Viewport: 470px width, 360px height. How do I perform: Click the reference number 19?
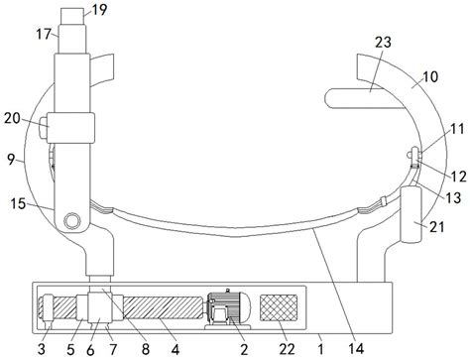99,10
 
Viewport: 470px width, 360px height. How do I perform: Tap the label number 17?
44,34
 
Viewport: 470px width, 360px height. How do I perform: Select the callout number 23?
383,42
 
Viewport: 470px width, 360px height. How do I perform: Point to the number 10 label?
430,76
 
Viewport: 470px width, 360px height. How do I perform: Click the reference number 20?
13,118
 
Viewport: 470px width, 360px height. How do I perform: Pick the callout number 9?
11,160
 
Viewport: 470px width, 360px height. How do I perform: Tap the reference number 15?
18,203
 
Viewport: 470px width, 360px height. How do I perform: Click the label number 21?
437,227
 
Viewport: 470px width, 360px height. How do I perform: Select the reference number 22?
287,349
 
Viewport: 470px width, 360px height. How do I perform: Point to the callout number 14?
356,349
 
